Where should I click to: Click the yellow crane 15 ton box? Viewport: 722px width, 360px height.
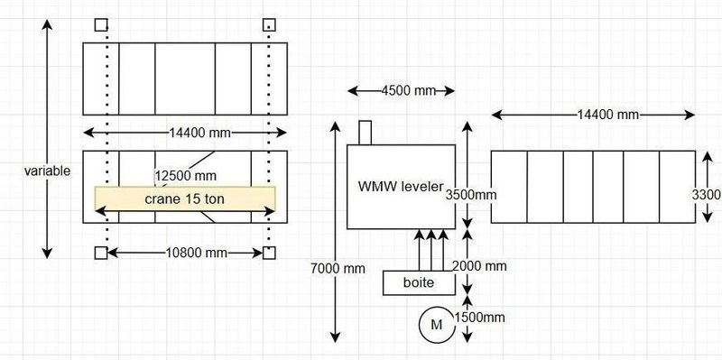[x=185, y=198]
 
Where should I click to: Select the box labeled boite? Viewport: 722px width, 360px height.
[x=418, y=283]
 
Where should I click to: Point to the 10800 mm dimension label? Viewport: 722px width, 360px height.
[x=186, y=254]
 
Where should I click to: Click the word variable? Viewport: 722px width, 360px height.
[x=48, y=170]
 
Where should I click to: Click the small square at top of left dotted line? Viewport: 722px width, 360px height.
[x=101, y=24]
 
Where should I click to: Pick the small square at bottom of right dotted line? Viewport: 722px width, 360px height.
[x=268, y=253]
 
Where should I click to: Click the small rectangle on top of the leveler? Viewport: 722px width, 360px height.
[x=366, y=133]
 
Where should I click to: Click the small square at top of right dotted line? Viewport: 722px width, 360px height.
[x=268, y=24]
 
